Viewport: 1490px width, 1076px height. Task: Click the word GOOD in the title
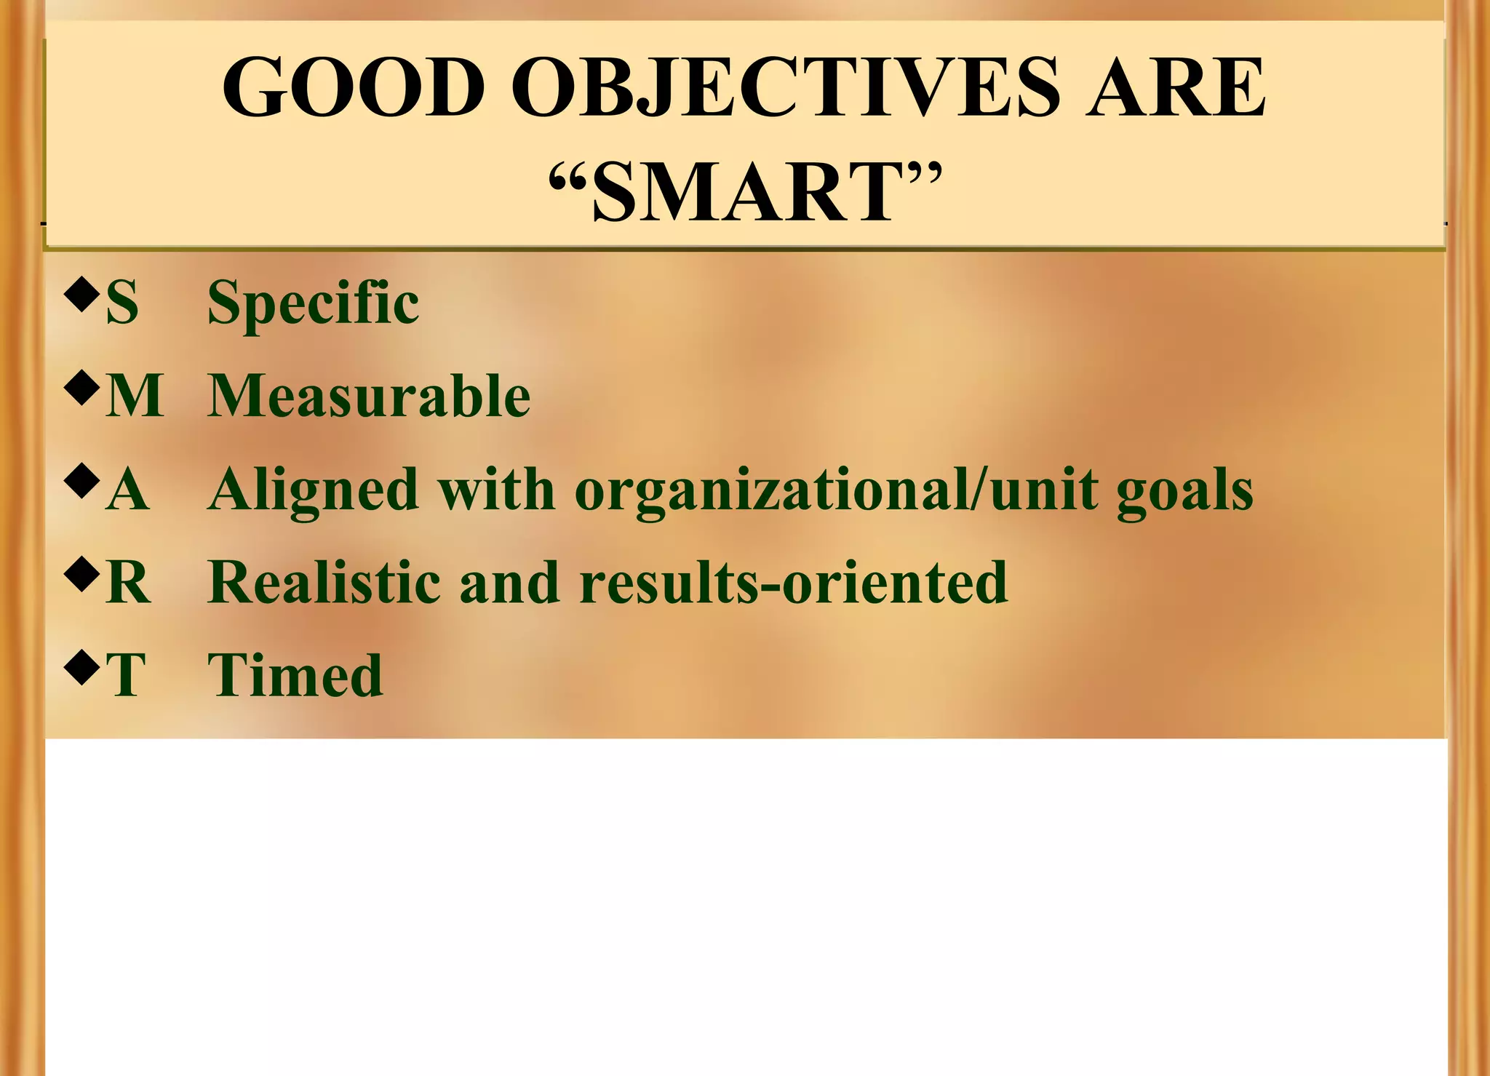tap(354, 87)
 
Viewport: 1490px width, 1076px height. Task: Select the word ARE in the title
tap(1176, 87)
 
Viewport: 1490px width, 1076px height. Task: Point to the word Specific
tap(313, 303)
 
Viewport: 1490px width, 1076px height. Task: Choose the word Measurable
tap(369, 396)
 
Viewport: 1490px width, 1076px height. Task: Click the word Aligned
tap(313, 490)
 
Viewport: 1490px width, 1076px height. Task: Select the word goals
tap(1185, 490)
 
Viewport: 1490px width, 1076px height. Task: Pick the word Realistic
tap(324, 582)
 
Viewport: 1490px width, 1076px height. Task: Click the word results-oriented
tap(793, 582)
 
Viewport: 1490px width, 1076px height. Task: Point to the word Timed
tap(295, 674)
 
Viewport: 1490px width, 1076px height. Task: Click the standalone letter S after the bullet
tap(121, 303)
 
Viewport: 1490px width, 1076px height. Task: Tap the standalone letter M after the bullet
tap(135, 396)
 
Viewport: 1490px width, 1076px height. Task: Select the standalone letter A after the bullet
tap(127, 490)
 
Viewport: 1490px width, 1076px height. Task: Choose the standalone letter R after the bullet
tap(128, 582)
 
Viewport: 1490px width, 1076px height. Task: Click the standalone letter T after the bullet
tap(125, 674)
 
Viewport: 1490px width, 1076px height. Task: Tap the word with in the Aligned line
tap(496, 490)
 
